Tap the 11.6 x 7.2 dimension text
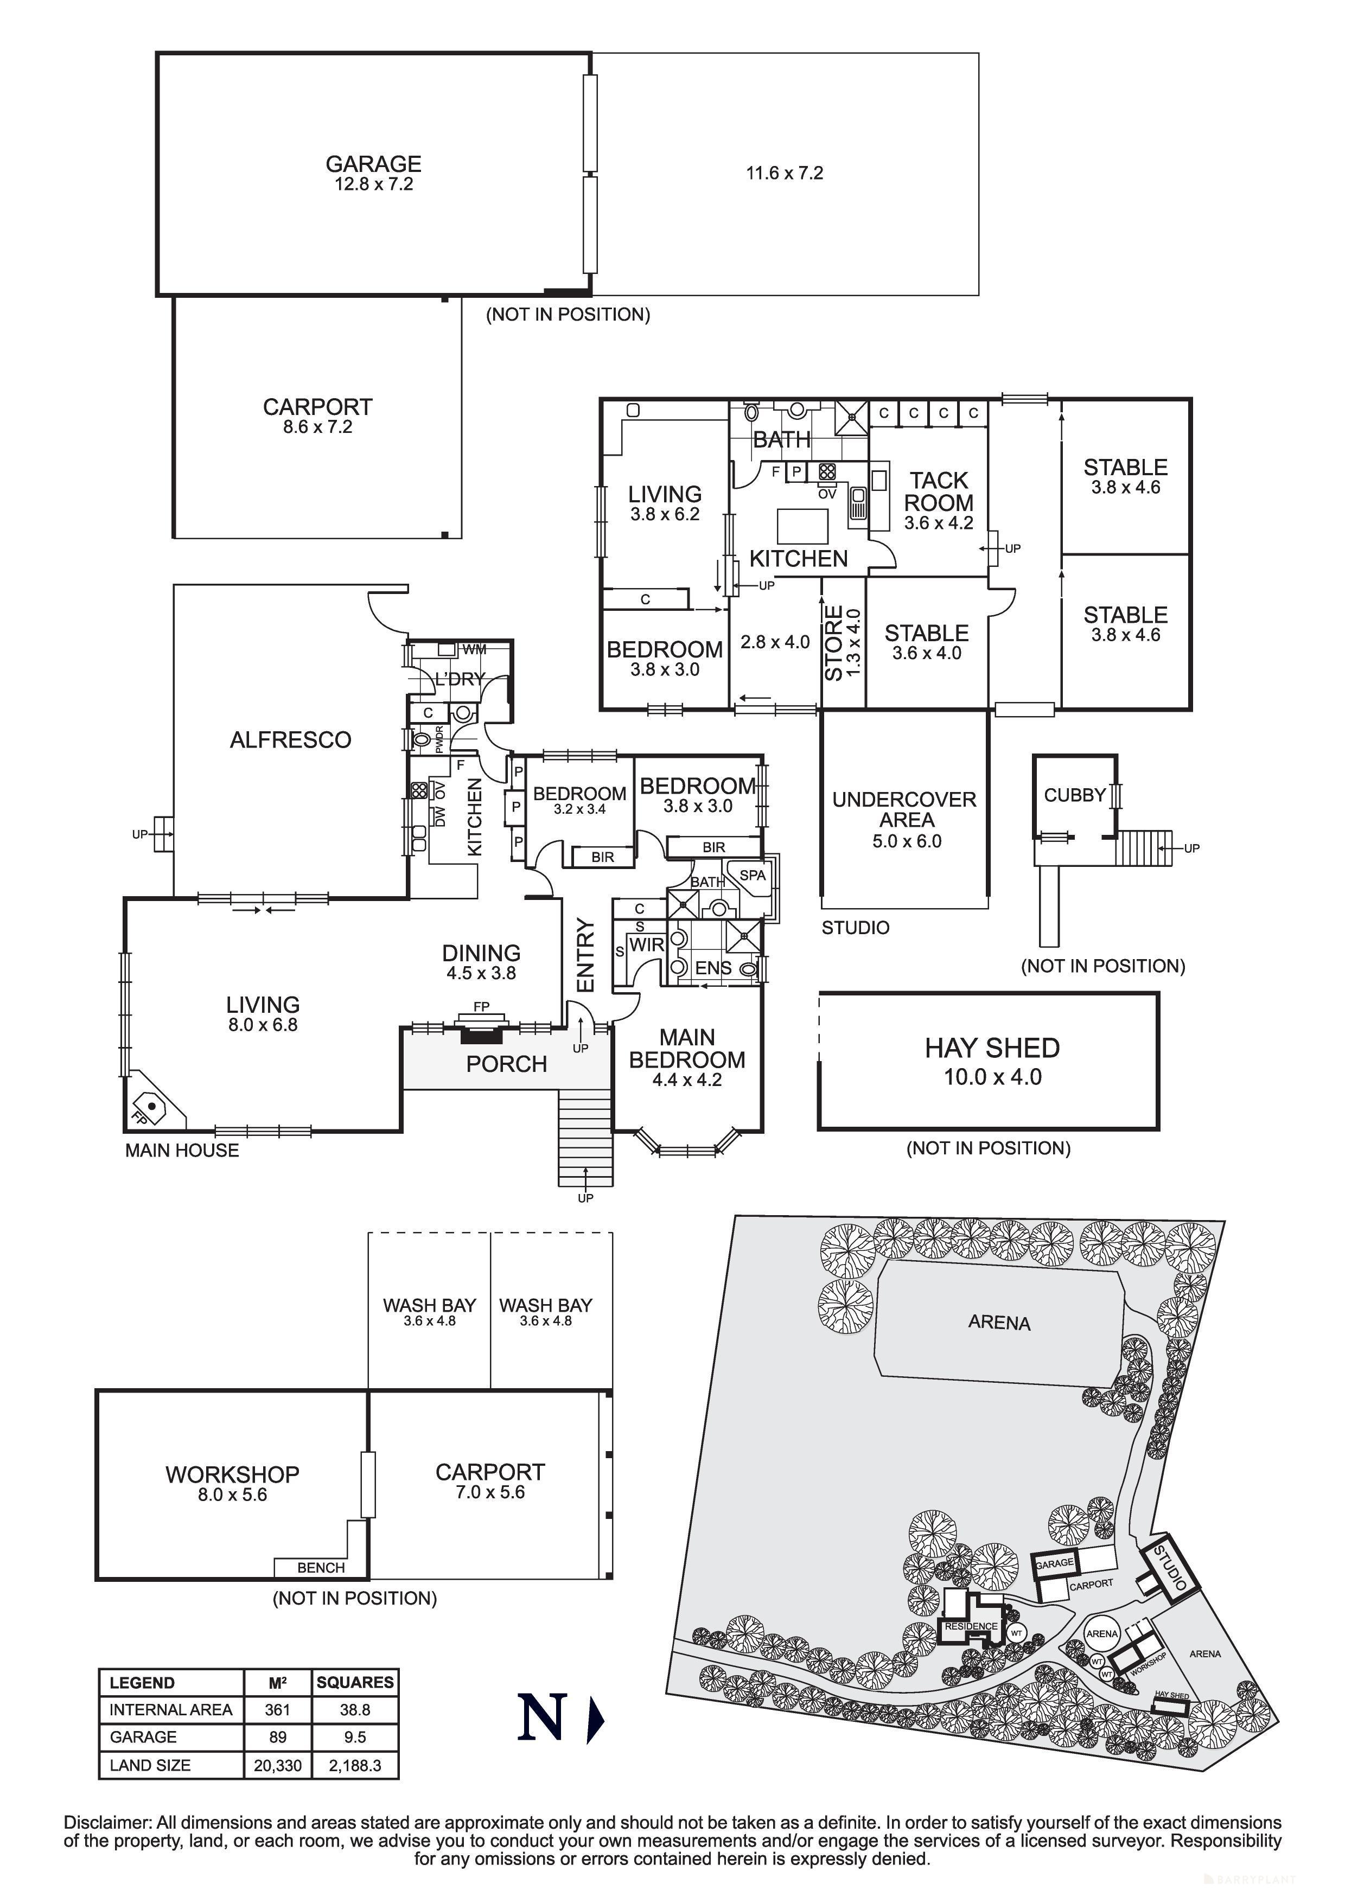pyautogui.click(x=784, y=173)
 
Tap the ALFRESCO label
pyautogui.click(x=290, y=739)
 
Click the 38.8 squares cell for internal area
pyautogui.click(x=355, y=1710)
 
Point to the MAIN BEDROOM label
pyautogui.click(x=687, y=1058)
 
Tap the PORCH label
pyautogui.click(x=506, y=1064)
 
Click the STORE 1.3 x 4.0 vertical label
pyautogui.click(x=842, y=643)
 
